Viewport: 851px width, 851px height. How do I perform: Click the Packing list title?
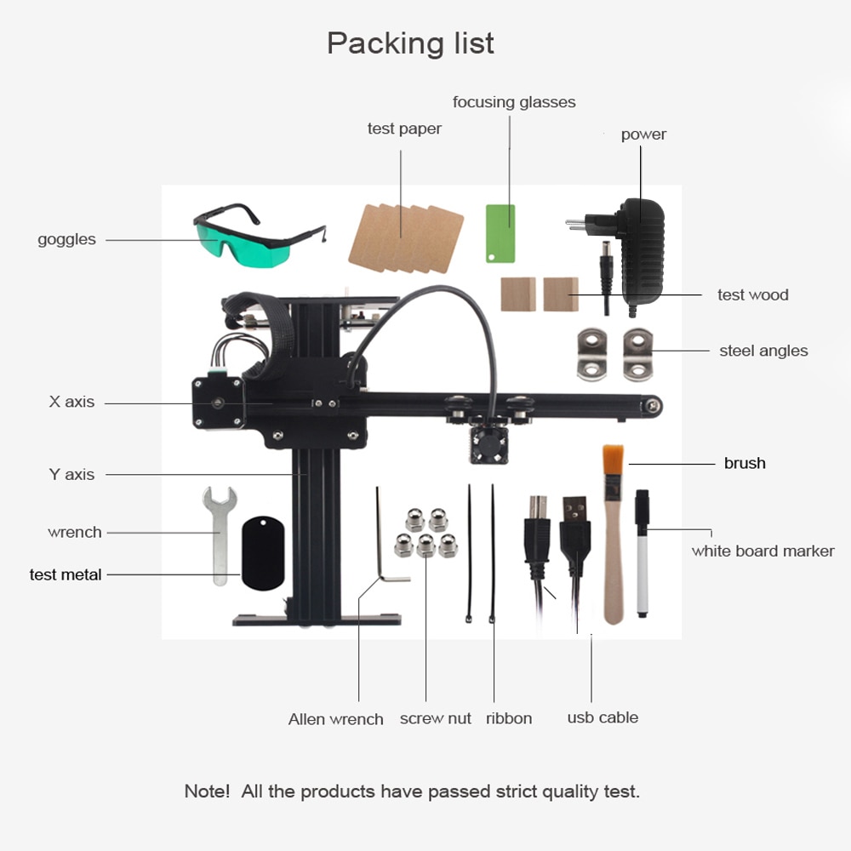[x=410, y=43]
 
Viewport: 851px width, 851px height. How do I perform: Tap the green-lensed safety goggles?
[x=255, y=239]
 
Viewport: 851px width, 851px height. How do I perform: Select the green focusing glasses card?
[x=500, y=234]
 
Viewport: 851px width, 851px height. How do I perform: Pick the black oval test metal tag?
[x=263, y=552]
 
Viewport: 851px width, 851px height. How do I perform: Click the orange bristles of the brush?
[x=613, y=460]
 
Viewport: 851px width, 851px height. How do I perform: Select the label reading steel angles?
[x=763, y=351]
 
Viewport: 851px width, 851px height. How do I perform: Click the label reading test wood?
[x=753, y=294]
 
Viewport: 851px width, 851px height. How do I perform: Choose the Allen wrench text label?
[x=335, y=719]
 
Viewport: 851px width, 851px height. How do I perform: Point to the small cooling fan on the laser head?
[x=489, y=445]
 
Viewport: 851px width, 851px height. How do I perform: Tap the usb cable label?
[x=603, y=717]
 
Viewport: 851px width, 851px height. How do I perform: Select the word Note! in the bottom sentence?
[x=207, y=791]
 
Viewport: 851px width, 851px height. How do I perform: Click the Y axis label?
[x=71, y=474]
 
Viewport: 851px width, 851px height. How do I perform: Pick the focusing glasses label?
[x=514, y=102]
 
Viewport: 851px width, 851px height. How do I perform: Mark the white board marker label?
[x=762, y=551]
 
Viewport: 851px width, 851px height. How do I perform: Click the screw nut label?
[x=435, y=718]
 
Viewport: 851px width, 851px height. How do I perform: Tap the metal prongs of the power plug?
[x=575, y=223]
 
